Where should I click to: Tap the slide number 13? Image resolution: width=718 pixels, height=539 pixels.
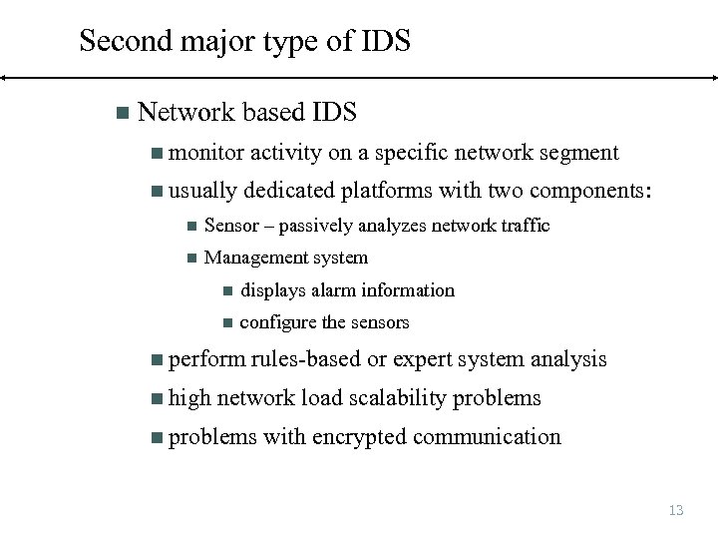click(676, 510)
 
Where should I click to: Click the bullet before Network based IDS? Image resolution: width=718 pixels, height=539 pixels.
click(122, 113)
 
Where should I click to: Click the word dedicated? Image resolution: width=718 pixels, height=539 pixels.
click(289, 191)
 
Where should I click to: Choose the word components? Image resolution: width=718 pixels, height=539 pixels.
click(588, 191)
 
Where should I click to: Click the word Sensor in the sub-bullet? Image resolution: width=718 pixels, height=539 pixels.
click(231, 226)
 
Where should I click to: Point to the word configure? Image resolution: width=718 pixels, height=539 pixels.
click(278, 322)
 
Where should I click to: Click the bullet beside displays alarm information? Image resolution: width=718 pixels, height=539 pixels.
click(226, 291)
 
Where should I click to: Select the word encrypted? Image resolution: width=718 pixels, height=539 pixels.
click(359, 437)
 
